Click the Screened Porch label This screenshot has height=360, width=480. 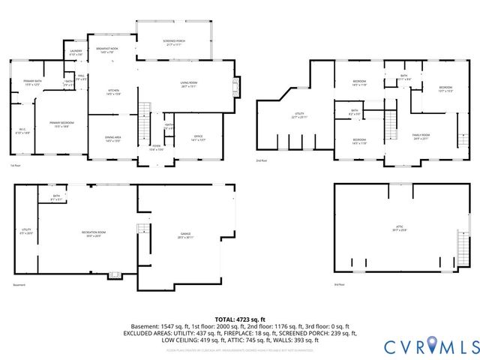pyautogui.click(x=174, y=42)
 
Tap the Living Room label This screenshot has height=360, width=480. pyautogui.click(x=187, y=84)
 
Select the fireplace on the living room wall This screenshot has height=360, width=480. pyautogui.click(x=238, y=87)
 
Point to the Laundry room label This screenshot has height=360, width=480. pyautogui.click(x=76, y=53)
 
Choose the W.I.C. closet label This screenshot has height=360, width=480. pyautogui.click(x=22, y=130)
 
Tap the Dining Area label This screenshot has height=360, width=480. pyautogui.click(x=113, y=139)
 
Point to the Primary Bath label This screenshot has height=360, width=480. pyautogui.click(x=32, y=82)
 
